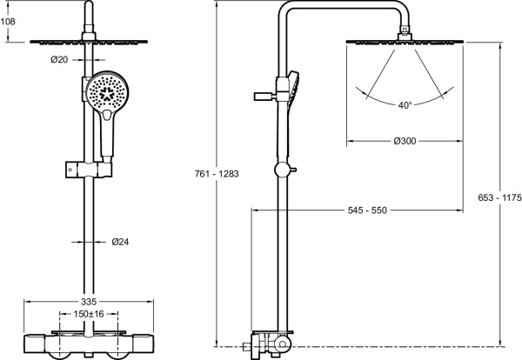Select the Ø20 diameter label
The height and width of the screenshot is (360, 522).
pyautogui.click(x=60, y=59)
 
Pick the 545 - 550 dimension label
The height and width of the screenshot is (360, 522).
pyautogui.click(x=367, y=210)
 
